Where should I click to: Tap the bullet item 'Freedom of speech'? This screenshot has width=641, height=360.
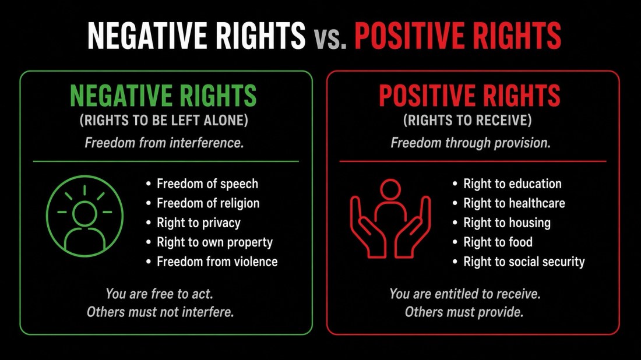tap(207, 184)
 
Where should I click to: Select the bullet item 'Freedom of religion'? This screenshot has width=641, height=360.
tap(208, 203)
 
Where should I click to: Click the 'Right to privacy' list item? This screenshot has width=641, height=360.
tap(199, 223)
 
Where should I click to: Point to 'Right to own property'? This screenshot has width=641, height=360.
tap(214, 242)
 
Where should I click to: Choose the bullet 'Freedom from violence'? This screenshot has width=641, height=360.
tap(217, 262)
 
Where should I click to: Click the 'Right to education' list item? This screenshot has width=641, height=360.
tap(512, 184)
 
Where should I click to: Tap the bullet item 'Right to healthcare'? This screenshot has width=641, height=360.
tap(514, 203)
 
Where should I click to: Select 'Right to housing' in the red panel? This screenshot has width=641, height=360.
tap(507, 223)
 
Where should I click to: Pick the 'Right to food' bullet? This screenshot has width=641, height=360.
tap(498, 242)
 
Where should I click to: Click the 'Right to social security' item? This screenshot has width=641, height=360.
tap(524, 262)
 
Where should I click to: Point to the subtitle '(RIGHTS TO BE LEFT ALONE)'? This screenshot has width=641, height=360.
tap(164, 121)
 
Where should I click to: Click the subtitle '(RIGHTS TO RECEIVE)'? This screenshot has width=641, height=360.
tap(467, 121)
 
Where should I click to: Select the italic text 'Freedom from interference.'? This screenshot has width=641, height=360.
tap(164, 143)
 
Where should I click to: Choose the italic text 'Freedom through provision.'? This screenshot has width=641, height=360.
tap(470, 143)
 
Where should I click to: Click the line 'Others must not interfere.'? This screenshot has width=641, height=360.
tap(160, 312)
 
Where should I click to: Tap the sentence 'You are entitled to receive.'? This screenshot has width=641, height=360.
tap(465, 294)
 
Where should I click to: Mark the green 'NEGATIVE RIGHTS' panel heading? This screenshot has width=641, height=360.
tap(163, 96)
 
